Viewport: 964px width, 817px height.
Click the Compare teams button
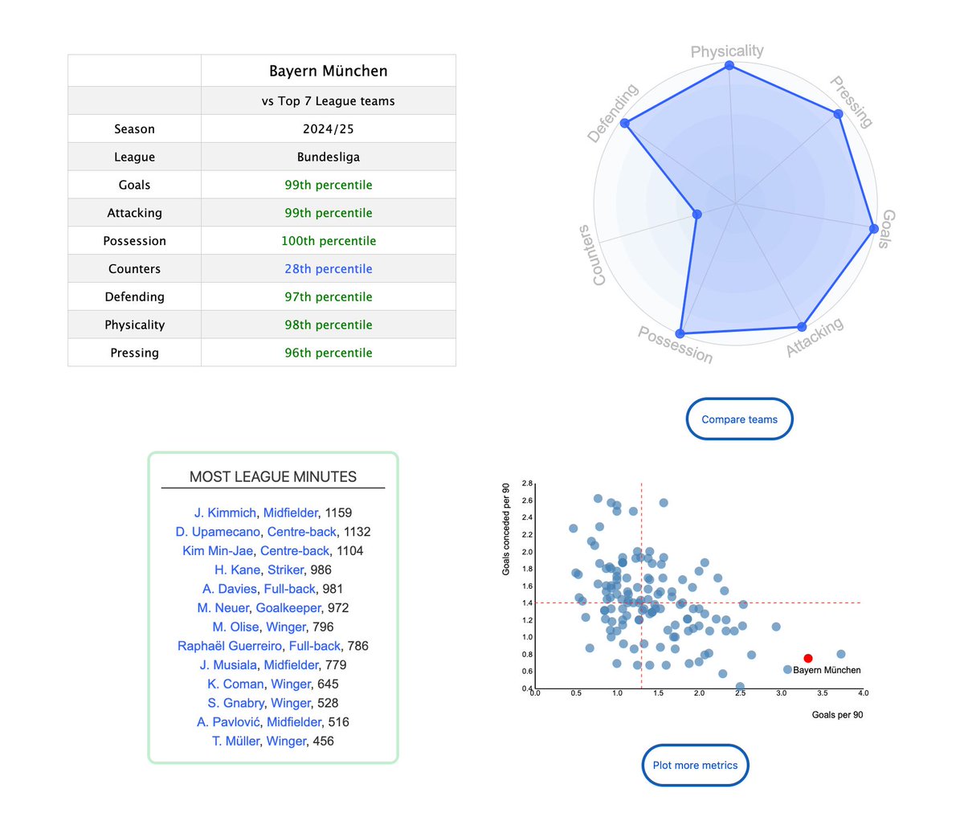pos(739,419)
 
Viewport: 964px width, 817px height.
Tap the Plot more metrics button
pos(695,766)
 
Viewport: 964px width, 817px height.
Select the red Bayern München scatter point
pos(808,659)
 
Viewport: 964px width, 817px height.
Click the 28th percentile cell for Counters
pos(328,269)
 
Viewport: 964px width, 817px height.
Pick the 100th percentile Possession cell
pos(328,241)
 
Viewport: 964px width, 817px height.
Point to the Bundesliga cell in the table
pos(328,157)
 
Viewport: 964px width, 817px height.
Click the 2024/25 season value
pos(328,129)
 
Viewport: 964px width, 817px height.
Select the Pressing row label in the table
pos(134,353)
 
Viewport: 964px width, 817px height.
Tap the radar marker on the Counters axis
pos(697,214)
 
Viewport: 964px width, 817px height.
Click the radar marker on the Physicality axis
pos(729,65)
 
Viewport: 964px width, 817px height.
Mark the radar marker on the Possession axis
pos(680,333)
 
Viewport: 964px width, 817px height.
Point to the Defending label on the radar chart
pos(612,113)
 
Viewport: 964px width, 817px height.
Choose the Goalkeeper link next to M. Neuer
pos(288,608)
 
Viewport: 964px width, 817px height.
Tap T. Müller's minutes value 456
pos(323,741)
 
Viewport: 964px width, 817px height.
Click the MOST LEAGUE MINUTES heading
pos(273,476)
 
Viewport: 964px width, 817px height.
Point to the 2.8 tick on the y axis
pos(527,484)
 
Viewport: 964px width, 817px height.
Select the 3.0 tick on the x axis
pos(781,693)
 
